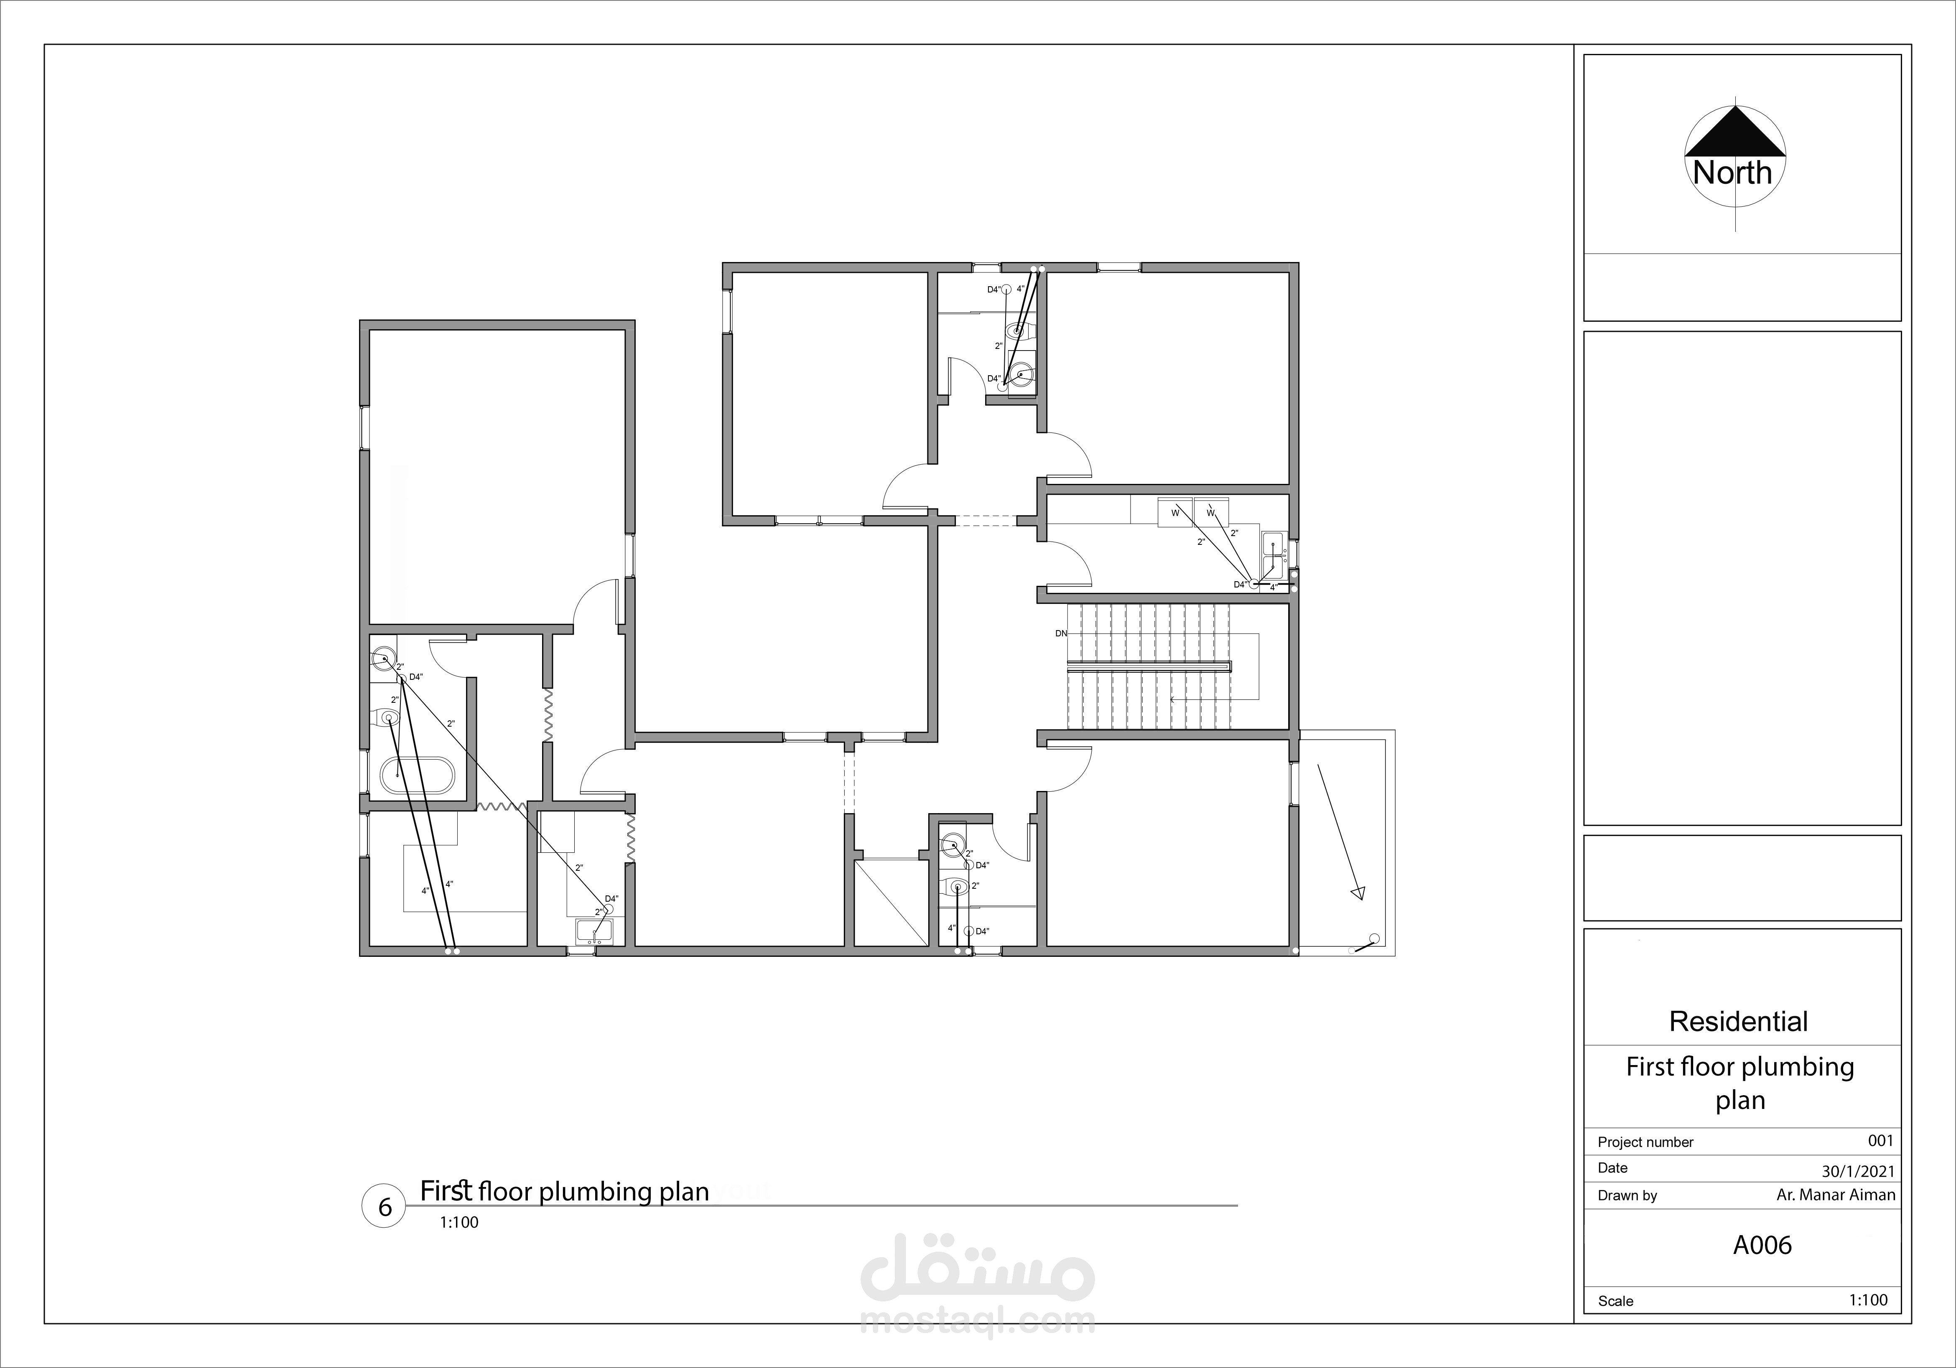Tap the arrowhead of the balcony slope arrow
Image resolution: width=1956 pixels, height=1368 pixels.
pyautogui.click(x=1358, y=893)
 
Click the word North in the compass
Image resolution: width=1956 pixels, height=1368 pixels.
pyautogui.click(x=1732, y=173)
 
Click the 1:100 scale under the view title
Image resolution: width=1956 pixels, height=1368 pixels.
pyautogui.click(x=459, y=1222)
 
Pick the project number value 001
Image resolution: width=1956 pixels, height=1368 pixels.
pyautogui.click(x=1880, y=1141)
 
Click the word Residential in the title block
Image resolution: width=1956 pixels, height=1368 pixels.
pyautogui.click(x=1738, y=1021)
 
